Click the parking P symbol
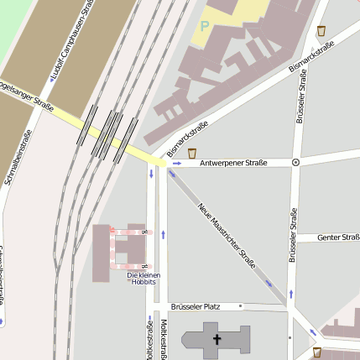point(204,27)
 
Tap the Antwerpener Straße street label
point(237,163)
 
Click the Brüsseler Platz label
point(195,306)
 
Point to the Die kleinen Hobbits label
point(143,279)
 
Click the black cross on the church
point(217,340)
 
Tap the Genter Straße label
point(338,237)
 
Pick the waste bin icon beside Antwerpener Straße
point(193,153)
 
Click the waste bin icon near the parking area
point(321,31)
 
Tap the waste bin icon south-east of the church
point(316,352)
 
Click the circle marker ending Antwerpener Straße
point(295,163)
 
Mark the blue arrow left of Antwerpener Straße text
point(177,163)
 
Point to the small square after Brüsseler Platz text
point(240,306)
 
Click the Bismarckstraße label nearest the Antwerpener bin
point(186,138)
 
